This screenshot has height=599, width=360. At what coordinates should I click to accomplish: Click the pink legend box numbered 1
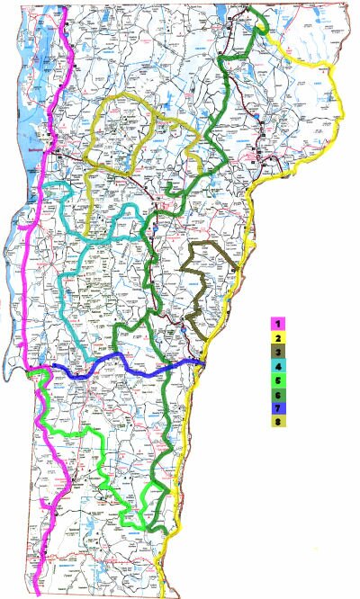pos(279,322)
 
